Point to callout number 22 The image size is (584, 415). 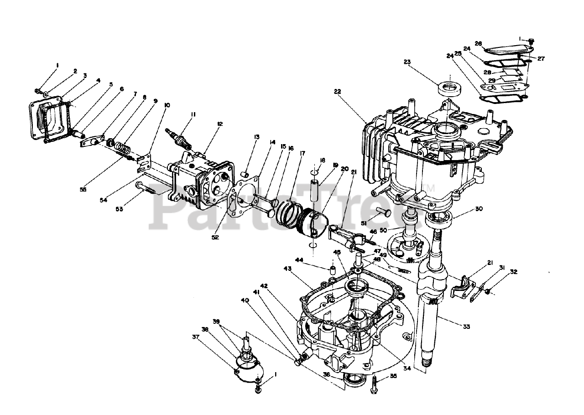[337, 91]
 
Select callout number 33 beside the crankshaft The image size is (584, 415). [466, 327]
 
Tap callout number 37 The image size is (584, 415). [196, 337]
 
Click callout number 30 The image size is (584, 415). [479, 209]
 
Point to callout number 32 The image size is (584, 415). [514, 272]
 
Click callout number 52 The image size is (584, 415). [215, 237]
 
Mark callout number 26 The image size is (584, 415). [478, 44]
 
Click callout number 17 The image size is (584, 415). [302, 154]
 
